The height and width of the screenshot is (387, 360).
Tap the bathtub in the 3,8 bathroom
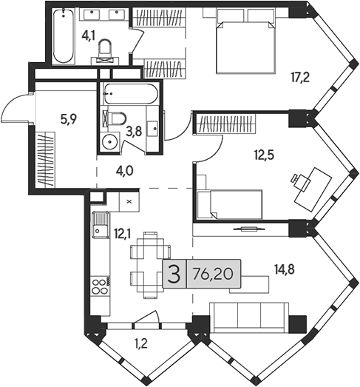tap(130, 94)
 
